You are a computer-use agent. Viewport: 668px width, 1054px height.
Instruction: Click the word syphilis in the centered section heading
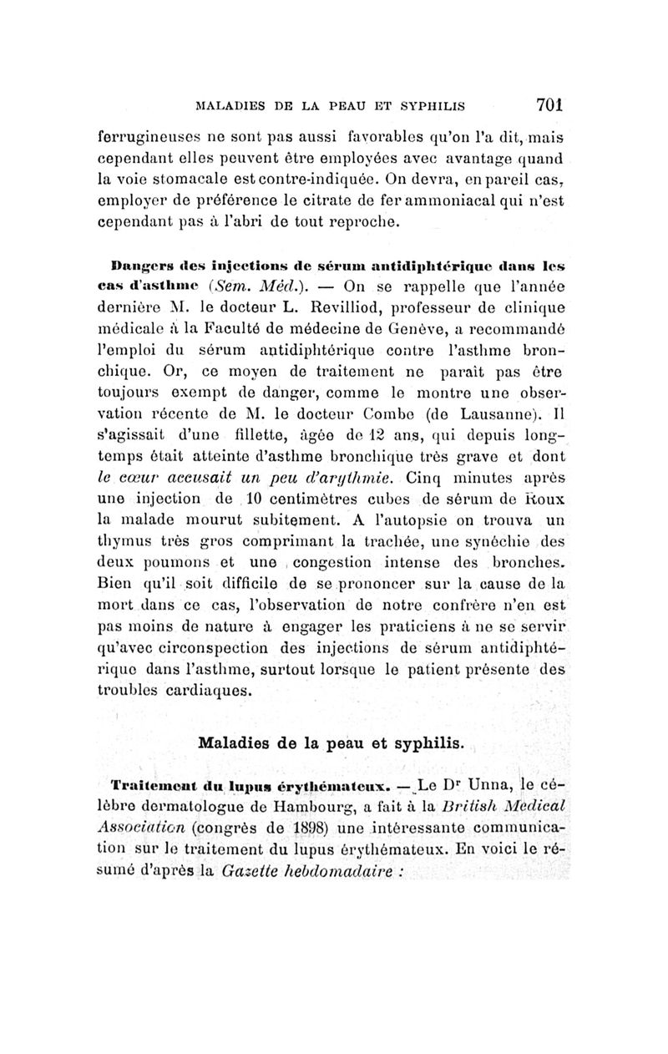(x=427, y=742)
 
